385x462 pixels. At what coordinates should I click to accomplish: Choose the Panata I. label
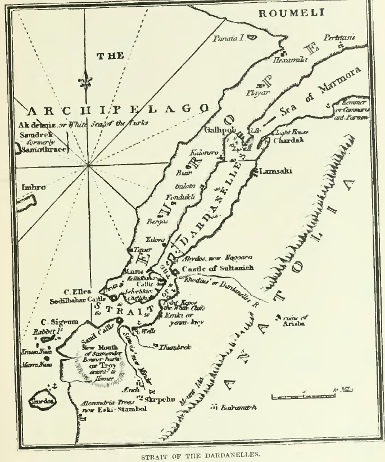click(x=228, y=38)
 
